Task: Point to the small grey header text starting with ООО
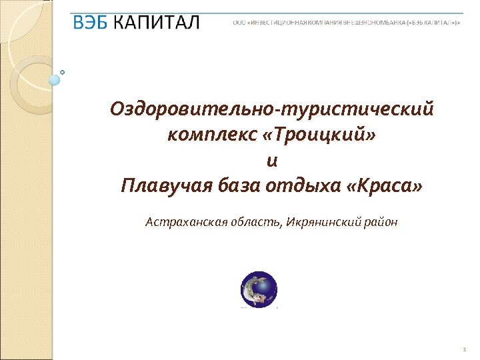click(346, 23)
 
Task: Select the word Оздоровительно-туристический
click(272, 108)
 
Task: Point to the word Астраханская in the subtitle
click(179, 221)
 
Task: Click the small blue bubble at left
click(55, 80)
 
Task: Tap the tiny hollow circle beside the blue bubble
click(63, 71)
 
